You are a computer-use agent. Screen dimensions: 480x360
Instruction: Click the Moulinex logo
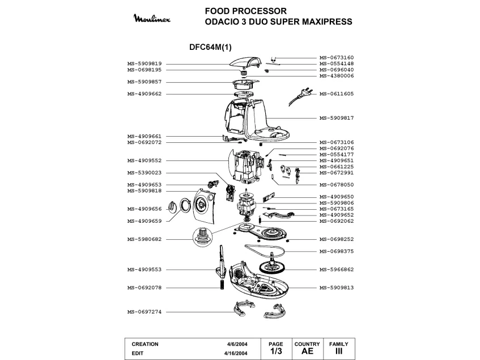coord(152,18)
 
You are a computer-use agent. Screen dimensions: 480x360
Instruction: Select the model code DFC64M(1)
coord(210,47)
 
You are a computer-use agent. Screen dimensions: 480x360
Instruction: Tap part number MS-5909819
coord(145,63)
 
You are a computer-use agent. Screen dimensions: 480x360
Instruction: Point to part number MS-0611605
coord(337,94)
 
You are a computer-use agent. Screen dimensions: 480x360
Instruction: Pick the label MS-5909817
coord(337,118)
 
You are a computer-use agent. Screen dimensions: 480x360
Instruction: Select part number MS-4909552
coord(145,160)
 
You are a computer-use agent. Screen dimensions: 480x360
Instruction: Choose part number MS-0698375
coord(337,251)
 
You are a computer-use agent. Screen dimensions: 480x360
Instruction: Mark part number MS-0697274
coord(145,312)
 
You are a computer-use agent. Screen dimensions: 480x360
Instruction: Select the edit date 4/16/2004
coord(236,353)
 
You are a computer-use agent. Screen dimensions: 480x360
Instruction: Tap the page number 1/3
coord(276,351)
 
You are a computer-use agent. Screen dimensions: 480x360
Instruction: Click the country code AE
coord(307,351)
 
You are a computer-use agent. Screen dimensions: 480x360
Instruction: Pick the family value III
coord(338,351)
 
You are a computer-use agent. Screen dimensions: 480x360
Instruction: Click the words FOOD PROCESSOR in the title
coord(246,11)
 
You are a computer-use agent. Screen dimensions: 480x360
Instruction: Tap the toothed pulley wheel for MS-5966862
coord(271,266)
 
